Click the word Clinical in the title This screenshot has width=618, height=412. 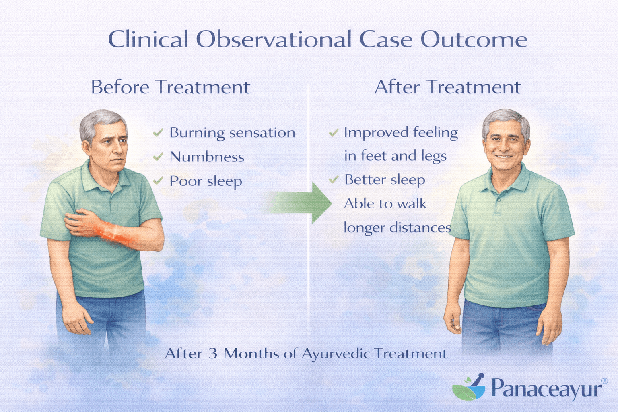pos(148,40)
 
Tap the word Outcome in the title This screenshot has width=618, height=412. pos(474,40)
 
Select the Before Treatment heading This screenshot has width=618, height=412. pos(171,87)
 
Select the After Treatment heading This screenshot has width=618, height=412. pos(447,87)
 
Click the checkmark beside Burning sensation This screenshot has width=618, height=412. pos(158,132)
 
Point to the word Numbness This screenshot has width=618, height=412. pos(207,157)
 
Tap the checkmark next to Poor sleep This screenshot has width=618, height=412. pos(158,181)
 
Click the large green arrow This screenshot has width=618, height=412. pos(302,202)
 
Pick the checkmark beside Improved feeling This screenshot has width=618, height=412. pos(334,132)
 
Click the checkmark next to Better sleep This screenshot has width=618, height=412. pos(334,179)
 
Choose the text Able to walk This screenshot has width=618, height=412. pos(385,204)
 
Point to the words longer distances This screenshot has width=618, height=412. pos(397,228)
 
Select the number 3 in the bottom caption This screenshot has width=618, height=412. pos(213,354)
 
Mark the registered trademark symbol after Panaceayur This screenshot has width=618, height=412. pos(604,381)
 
